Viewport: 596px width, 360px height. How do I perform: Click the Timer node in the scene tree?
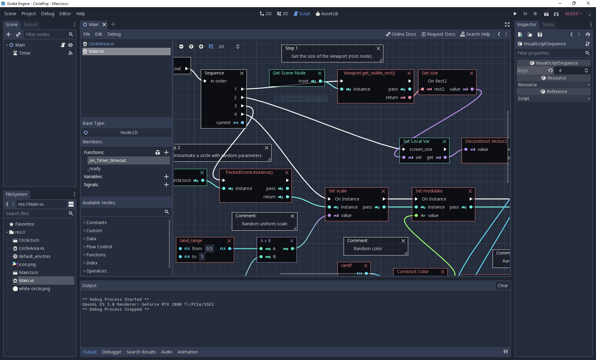tap(25, 53)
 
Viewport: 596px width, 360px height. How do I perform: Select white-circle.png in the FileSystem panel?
tap(34, 289)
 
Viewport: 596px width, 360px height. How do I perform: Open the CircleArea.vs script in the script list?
tap(101, 44)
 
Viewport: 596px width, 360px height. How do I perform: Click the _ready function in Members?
tap(94, 169)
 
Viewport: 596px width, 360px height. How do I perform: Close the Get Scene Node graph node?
tap(319, 73)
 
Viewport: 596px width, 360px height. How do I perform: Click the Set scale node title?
tap(337, 191)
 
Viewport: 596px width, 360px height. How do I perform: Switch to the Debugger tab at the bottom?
tap(112, 352)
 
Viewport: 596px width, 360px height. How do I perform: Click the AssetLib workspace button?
tap(327, 14)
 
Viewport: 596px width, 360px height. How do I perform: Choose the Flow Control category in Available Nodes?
tap(99, 247)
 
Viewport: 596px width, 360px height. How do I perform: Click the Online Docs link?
tap(401, 34)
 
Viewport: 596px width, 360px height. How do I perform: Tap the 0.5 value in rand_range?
tap(209, 249)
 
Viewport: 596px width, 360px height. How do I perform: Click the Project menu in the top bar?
tap(29, 14)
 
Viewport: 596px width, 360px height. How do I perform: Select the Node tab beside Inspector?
tap(548, 25)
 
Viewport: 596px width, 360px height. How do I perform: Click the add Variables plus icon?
tap(166, 177)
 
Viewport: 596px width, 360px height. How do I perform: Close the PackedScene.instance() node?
tap(287, 173)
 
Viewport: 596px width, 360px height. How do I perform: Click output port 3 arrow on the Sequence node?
tap(242, 106)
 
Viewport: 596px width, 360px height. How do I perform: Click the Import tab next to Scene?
tap(30, 25)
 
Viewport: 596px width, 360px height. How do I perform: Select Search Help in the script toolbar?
tap(475, 34)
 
